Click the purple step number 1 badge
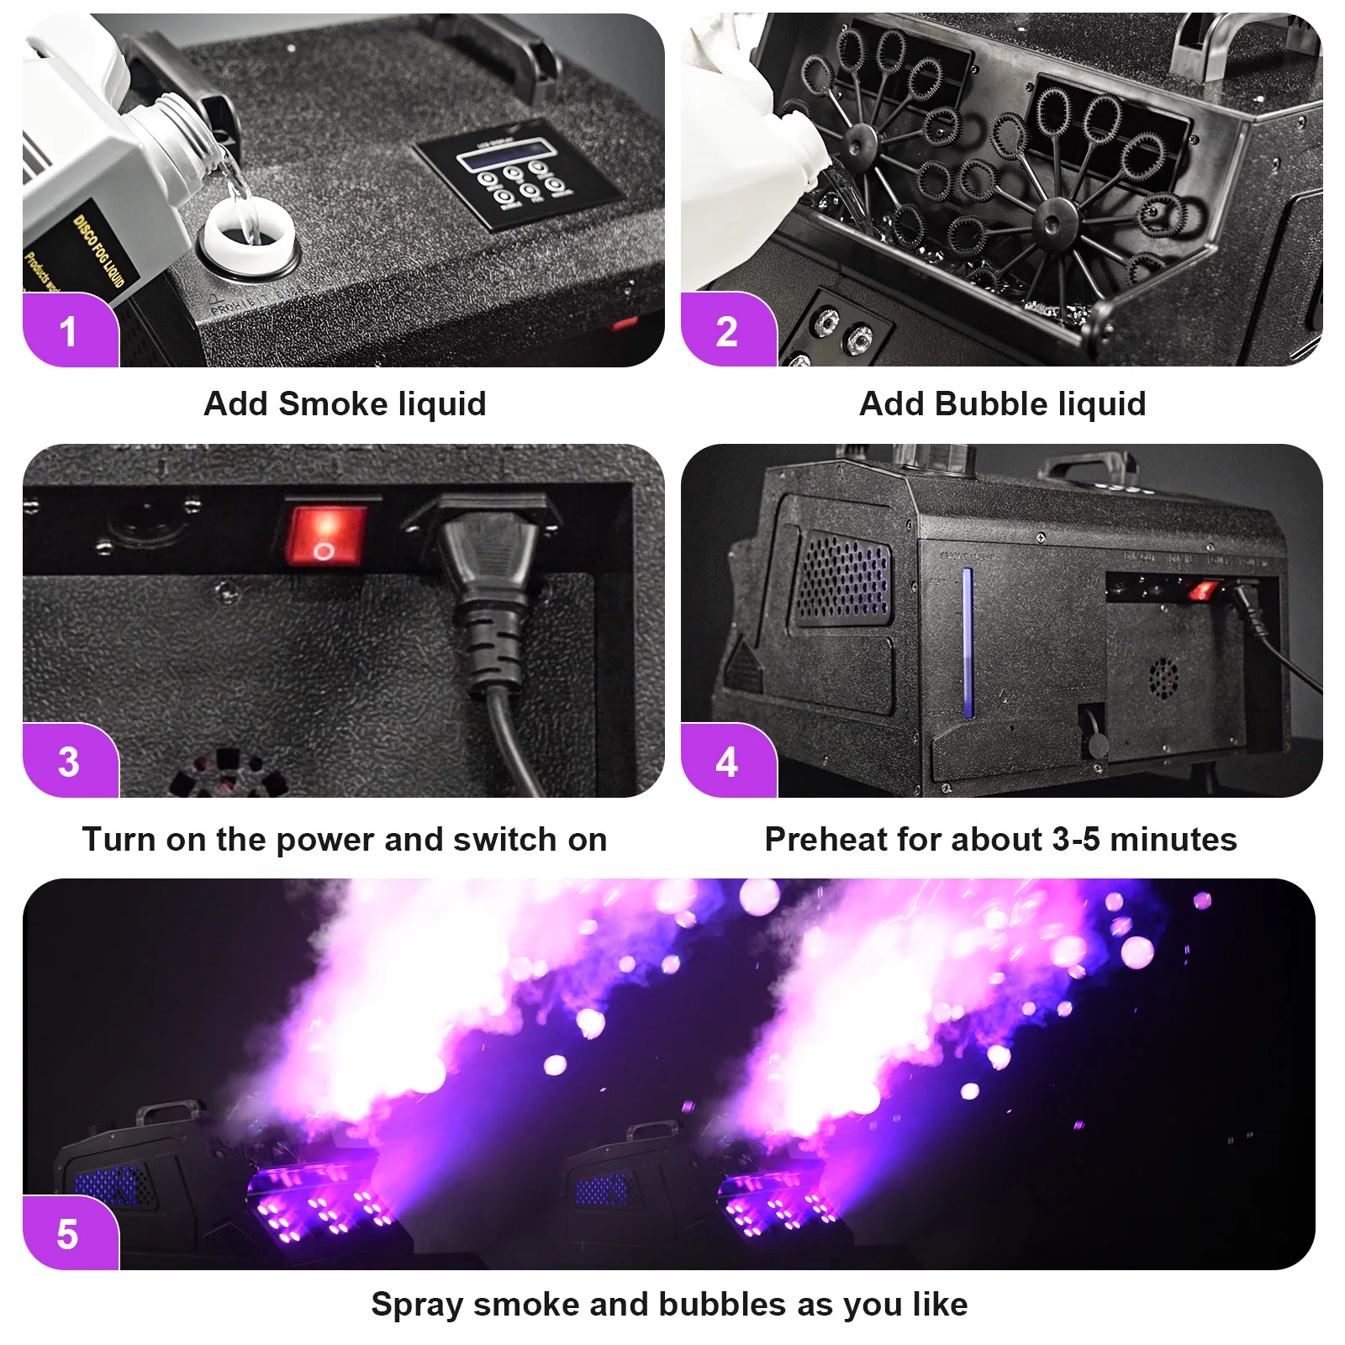tap(69, 331)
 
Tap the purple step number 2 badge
tap(727, 331)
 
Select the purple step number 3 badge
tap(69, 762)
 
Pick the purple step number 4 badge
tap(727, 762)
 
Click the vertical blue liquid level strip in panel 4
tap(968, 643)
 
